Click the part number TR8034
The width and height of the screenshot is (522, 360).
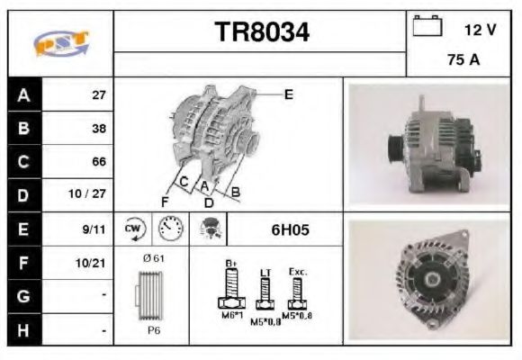(x=261, y=33)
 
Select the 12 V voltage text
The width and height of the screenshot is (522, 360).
(x=480, y=30)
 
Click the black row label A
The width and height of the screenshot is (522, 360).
(x=23, y=94)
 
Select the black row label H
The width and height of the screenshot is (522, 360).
(x=23, y=330)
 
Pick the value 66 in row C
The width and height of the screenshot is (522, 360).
(x=99, y=162)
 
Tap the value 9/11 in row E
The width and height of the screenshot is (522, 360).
(x=94, y=229)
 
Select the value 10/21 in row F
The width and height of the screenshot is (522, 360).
(x=93, y=264)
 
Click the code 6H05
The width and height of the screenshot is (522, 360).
(x=290, y=229)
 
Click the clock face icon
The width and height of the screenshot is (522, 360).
(x=168, y=229)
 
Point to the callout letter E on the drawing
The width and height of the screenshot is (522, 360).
(x=288, y=94)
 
